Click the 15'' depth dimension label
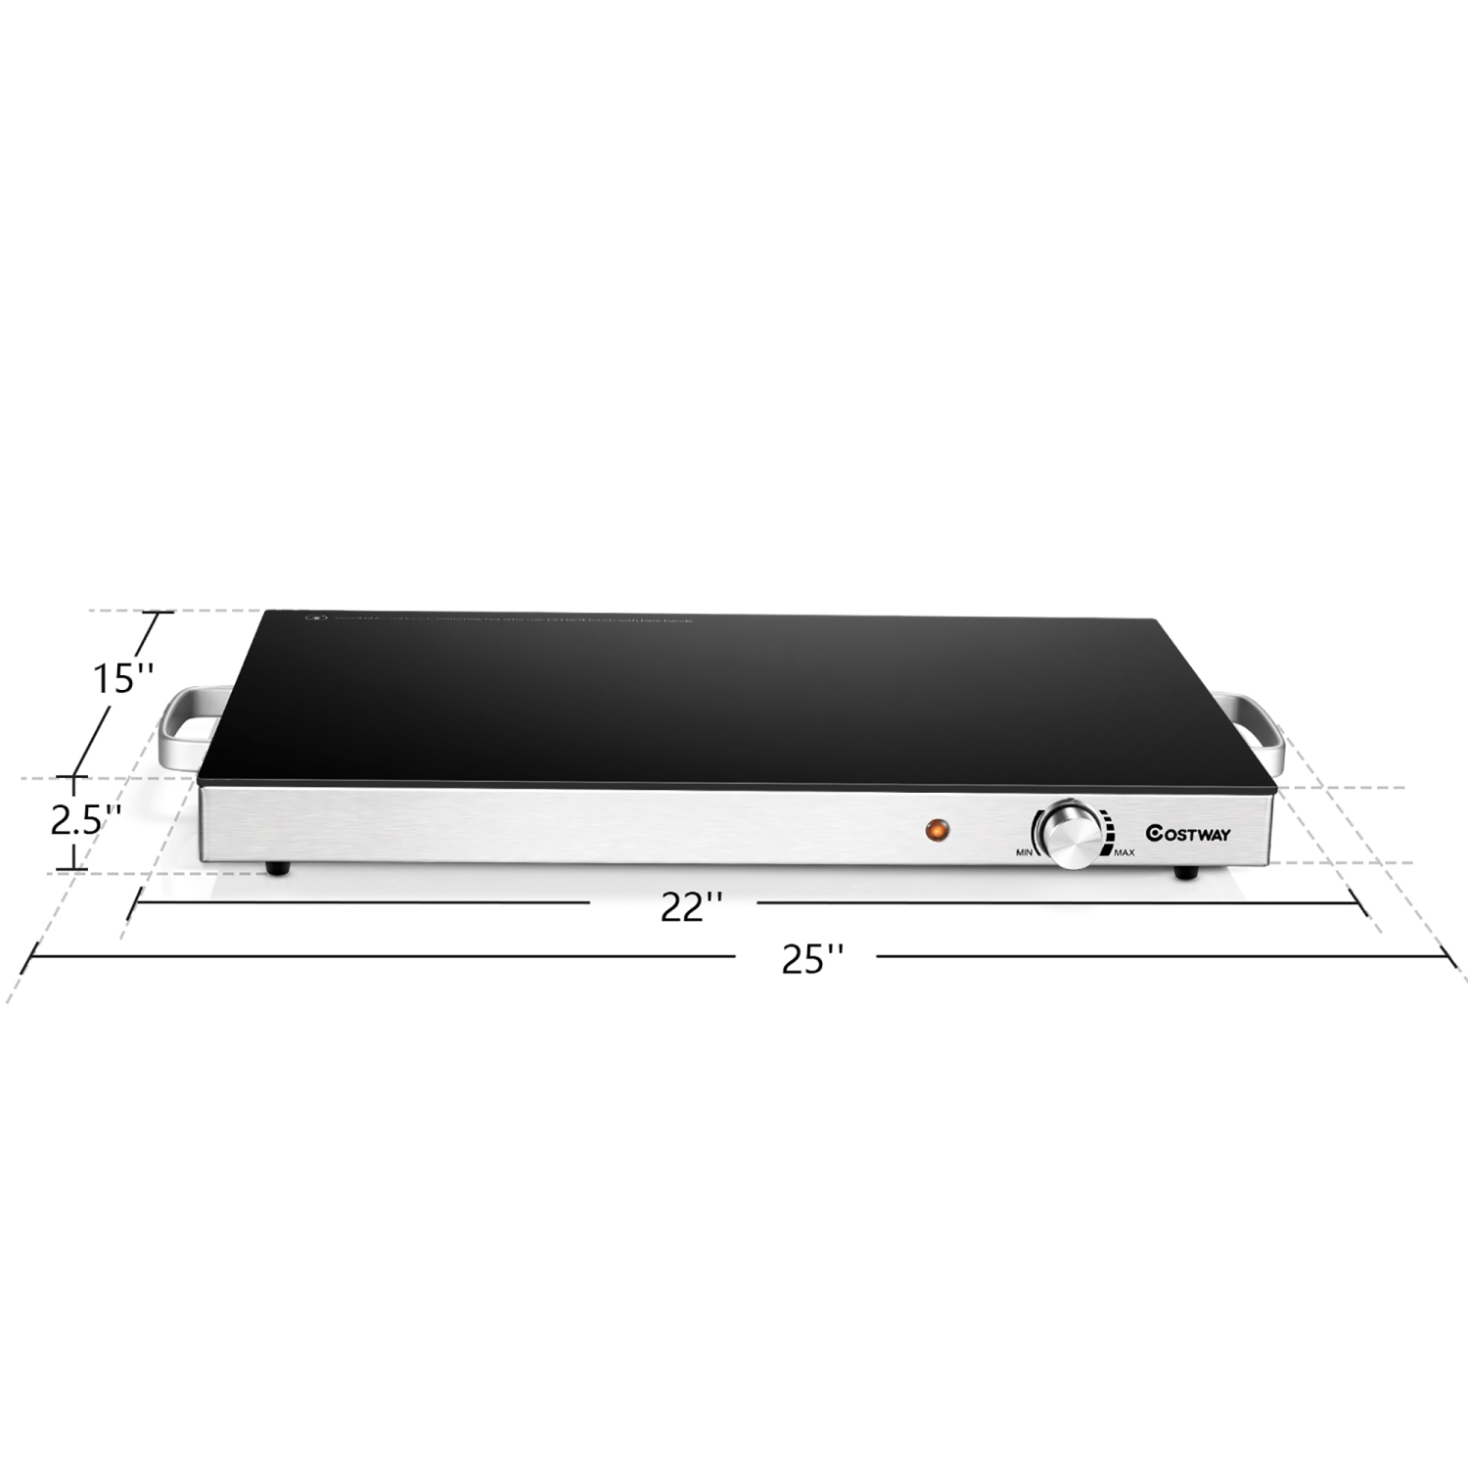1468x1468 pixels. pyautogui.click(x=123, y=678)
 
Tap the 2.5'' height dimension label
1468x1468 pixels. pyautogui.click(x=86, y=820)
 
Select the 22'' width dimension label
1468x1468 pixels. pyautogui.click(x=691, y=907)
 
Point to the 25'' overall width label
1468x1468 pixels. pyautogui.click(x=812, y=959)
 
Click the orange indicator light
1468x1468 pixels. pyautogui.click(x=937, y=830)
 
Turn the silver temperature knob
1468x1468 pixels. pyautogui.click(x=1070, y=833)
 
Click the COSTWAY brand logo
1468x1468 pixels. pyautogui.click(x=1188, y=834)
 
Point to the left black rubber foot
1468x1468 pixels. pyautogui.click(x=279, y=868)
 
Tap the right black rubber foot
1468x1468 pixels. pyautogui.click(x=1187, y=870)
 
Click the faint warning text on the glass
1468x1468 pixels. pyautogui.click(x=509, y=619)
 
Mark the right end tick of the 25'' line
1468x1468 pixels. pyautogui.click(x=1452, y=958)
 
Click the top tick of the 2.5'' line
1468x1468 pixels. pyautogui.click(x=71, y=778)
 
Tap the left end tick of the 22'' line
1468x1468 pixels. pyautogui.click(x=135, y=902)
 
